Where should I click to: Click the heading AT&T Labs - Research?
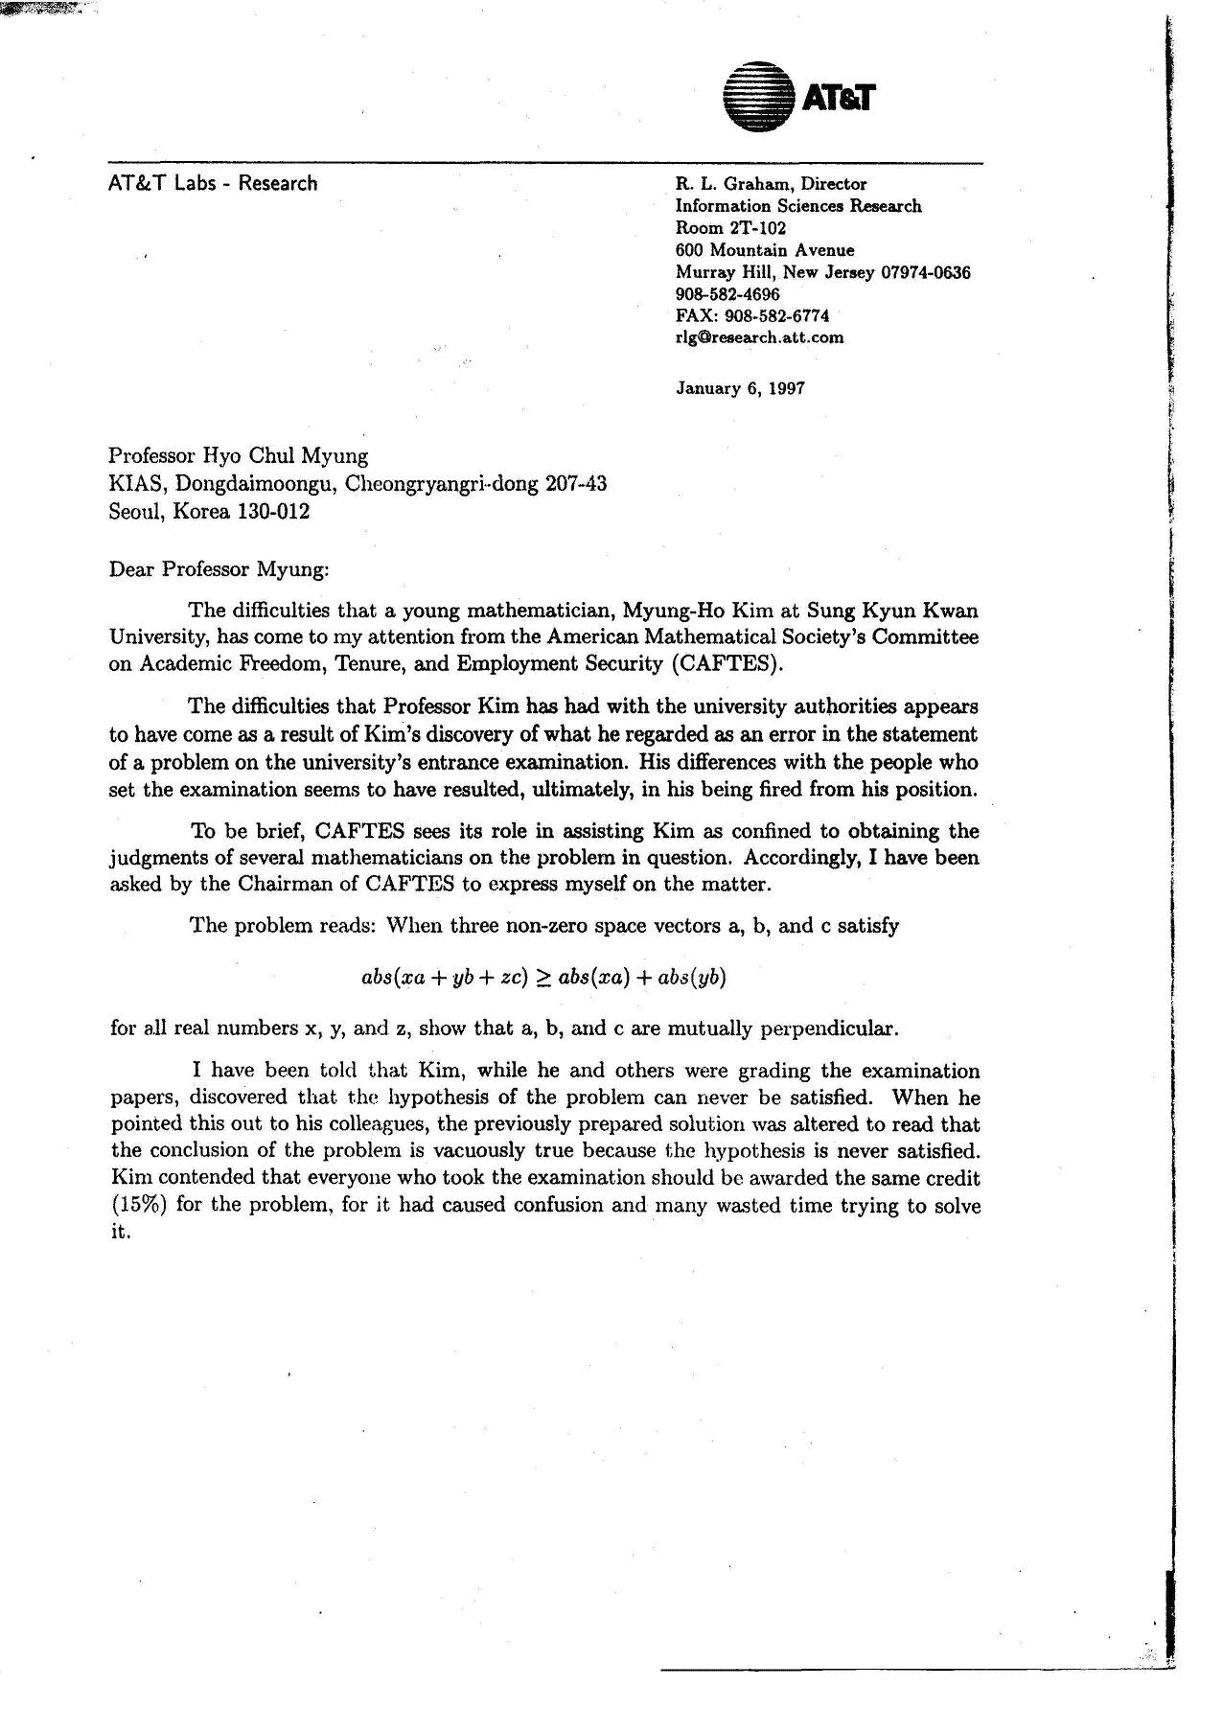213,183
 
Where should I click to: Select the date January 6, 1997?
740,388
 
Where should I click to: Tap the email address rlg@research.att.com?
759,336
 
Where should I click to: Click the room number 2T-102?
758,228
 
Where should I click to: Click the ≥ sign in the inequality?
542,978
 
